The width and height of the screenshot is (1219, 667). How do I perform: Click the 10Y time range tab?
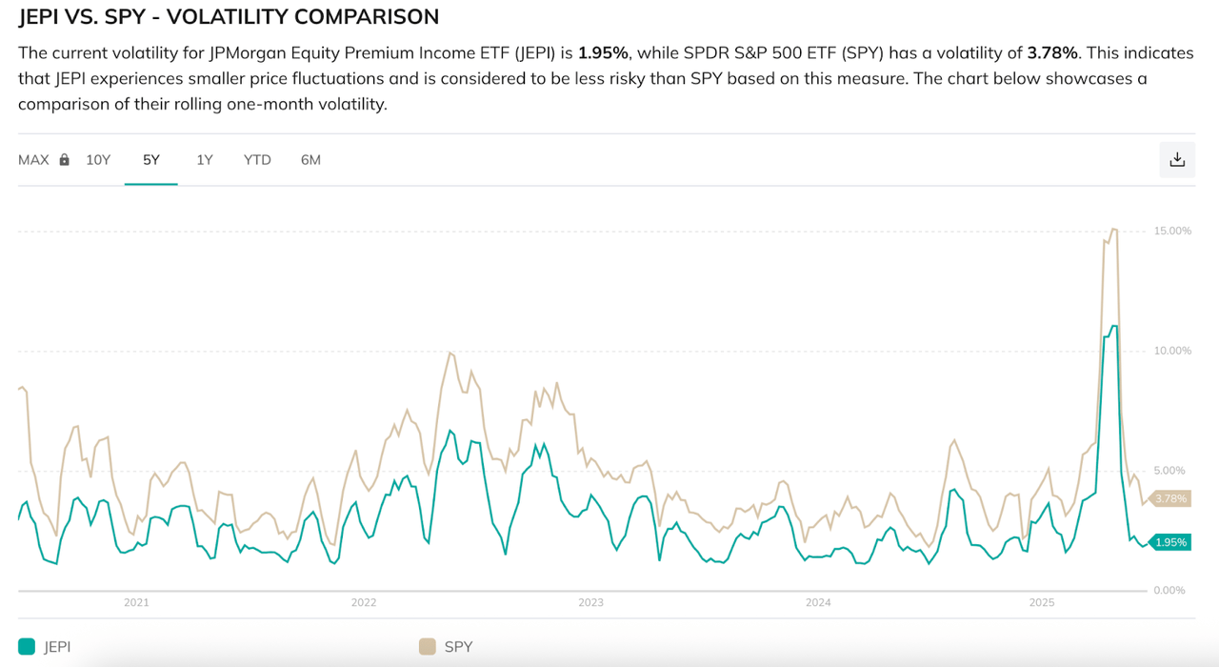[98, 160]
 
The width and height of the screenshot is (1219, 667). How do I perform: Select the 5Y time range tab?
[151, 160]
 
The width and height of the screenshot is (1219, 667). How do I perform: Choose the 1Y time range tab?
[205, 160]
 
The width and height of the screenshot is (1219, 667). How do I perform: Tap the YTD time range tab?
[257, 160]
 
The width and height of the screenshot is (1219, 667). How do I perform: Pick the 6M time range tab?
[310, 160]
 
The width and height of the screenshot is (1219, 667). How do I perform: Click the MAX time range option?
[33, 160]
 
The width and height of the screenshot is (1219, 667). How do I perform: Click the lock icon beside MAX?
[65, 160]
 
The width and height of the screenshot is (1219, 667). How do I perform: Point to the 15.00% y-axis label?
[1172, 231]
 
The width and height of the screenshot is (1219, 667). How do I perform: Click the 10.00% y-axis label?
[1172, 351]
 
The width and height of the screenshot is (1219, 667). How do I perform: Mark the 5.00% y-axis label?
[1172, 471]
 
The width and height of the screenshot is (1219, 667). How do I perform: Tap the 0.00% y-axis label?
[1169, 591]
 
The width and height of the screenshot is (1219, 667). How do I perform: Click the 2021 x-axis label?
[136, 603]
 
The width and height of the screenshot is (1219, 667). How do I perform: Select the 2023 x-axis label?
[590, 603]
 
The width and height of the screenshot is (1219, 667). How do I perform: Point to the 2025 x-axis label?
[1043, 603]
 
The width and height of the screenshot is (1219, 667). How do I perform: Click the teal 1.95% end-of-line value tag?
[1170, 542]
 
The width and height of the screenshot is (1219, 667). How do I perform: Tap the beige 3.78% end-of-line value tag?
[1170, 498]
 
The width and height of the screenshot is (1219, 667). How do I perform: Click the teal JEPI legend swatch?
[27, 647]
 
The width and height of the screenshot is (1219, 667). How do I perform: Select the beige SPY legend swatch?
[428, 647]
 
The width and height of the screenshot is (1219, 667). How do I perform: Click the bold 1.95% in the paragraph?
[603, 52]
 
